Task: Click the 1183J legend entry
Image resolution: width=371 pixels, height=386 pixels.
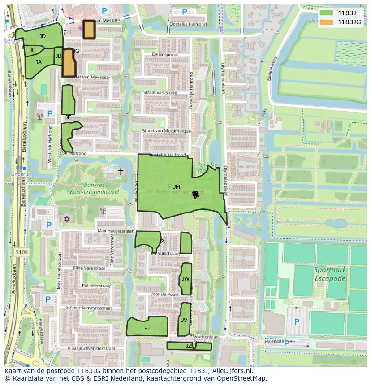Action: (345, 13)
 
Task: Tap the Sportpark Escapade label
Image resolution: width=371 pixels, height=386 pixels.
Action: (330, 274)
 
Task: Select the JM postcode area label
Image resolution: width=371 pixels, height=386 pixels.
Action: (177, 187)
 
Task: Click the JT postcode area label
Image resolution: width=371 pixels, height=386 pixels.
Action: (148, 327)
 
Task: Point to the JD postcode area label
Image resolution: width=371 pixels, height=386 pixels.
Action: (42, 36)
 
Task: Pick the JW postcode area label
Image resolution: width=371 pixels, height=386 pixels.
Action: (185, 279)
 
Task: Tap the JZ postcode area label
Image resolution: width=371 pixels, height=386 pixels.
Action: (189, 346)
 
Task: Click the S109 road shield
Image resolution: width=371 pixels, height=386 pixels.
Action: (21, 253)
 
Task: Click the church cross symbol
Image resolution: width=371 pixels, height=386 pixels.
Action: (120, 171)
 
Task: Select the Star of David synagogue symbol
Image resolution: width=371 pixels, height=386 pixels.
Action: (67, 219)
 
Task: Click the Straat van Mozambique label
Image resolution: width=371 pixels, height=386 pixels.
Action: (166, 131)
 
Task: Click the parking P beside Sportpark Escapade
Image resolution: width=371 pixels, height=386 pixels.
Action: (297, 322)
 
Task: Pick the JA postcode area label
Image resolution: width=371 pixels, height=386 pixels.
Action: (39, 62)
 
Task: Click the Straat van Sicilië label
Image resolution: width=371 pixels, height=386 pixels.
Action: (160, 92)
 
